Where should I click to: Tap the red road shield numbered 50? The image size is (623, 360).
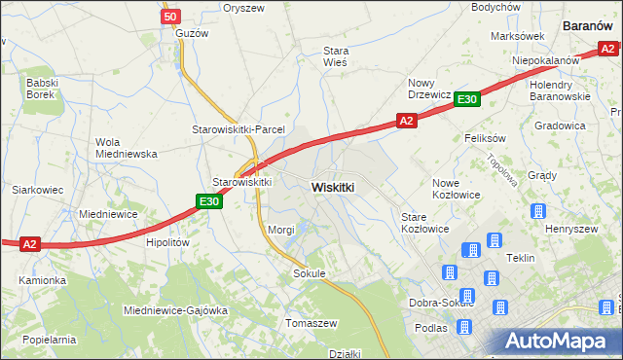pyautogui.click(x=170, y=17)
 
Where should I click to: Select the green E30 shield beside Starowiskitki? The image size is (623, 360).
pyautogui.click(x=208, y=201)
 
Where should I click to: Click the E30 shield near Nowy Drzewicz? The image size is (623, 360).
pyautogui.click(x=467, y=98)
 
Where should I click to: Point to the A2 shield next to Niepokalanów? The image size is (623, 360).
pyautogui.click(x=607, y=50)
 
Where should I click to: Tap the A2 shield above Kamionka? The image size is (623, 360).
pyautogui.click(x=30, y=244)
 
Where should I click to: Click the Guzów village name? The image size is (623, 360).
pyautogui.click(x=194, y=32)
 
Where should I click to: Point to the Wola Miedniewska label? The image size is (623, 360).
pyautogui.click(x=126, y=147)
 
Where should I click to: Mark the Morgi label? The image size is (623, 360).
pyautogui.click(x=280, y=230)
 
